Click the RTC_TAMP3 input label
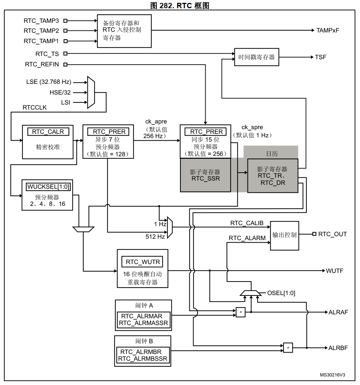(41, 21)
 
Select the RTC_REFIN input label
(42, 65)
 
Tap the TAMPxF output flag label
(327, 30)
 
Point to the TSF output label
(320, 57)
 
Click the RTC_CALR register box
(48, 132)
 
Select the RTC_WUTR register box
(142, 262)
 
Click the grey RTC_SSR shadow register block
(205, 175)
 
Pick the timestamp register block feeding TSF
(256, 57)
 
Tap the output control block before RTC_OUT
(284, 235)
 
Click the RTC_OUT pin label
(332, 234)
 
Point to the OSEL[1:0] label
(281, 293)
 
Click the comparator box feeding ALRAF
(241, 312)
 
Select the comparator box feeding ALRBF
(288, 347)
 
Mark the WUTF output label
(334, 271)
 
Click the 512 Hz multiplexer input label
(155, 237)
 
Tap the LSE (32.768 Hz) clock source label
(49, 82)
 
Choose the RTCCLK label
(35, 107)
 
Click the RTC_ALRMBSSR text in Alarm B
(142, 359)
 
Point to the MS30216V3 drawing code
(332, 375)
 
